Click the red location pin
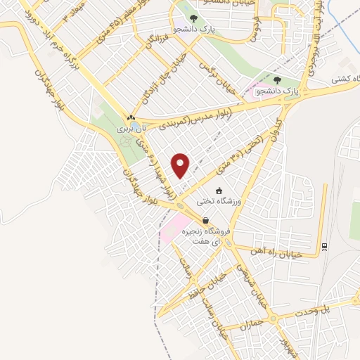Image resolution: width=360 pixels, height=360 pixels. [181, 166]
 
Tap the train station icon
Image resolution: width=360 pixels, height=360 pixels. [325, 246]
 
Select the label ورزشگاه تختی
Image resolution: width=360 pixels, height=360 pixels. [231, 201]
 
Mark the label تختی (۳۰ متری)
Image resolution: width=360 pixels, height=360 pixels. [243, 151]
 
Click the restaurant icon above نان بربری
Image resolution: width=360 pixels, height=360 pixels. [130, 117]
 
